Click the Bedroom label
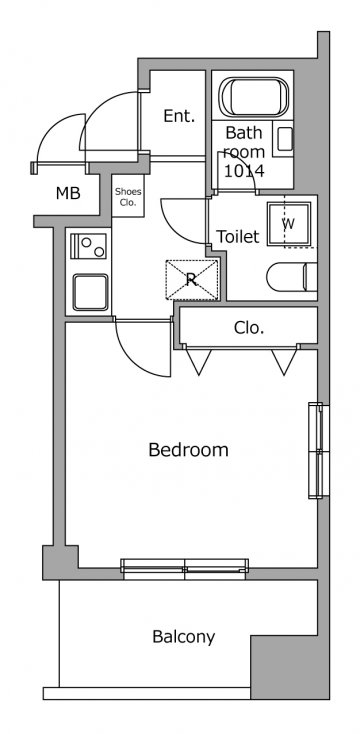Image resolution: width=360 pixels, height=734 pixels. [188, 450]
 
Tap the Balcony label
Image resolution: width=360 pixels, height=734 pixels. [184, 637]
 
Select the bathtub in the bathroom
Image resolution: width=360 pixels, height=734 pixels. [254, 97]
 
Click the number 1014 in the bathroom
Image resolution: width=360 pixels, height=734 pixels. [243, 171]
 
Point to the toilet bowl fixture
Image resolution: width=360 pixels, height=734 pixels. [292, 277]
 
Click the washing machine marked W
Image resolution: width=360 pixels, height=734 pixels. [289, 224]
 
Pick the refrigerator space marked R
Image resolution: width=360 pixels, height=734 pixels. [192, 279]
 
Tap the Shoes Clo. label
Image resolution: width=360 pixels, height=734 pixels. [128, 197]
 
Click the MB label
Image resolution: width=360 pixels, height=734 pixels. [68, 193]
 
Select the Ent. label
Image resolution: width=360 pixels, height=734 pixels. [179, 116]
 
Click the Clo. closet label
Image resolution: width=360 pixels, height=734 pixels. [249, 328]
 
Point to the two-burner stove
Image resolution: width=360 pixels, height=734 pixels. [88, 246]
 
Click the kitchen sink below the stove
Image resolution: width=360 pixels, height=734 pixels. [90, 292]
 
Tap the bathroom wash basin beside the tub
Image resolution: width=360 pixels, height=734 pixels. [285, 139]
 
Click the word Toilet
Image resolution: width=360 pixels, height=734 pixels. [237, 236]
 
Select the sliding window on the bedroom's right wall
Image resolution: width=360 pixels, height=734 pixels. [319, 450]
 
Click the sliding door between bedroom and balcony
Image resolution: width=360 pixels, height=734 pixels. [184, 566]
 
